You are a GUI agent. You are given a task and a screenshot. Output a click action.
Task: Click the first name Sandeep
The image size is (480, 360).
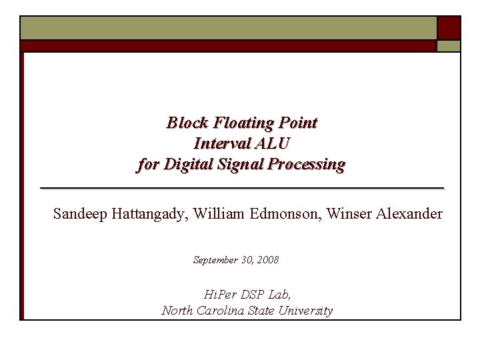pos(79,214)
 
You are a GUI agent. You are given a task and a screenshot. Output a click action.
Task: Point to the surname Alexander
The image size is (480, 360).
pos(409,214)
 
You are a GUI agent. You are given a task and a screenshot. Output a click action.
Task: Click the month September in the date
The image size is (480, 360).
pos(215,260)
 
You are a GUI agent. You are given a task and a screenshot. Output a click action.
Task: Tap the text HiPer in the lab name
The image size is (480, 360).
pos(219,294)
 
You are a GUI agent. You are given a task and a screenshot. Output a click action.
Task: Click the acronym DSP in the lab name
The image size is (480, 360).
pos(253,294)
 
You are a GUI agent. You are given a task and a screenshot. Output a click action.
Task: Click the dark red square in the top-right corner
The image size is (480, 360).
pos(449,27)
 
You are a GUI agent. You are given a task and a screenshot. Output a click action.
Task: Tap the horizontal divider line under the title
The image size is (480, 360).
pos(242,189)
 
